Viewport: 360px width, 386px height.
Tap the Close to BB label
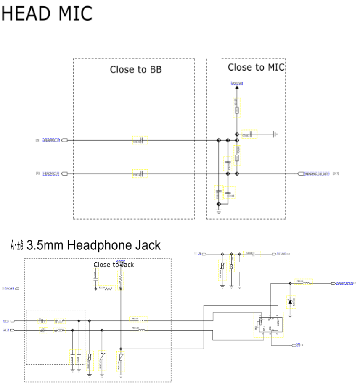pyautogui.click(x=136, y=69)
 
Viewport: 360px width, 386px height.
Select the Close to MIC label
pyautogui.click(x=256, y=67)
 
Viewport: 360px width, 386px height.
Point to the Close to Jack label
pyautogui.click(x=114, y=265)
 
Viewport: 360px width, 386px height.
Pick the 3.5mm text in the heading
pyautogui.click(x=45, y=245)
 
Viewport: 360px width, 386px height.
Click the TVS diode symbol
pyautogui.click(x=290, y=301)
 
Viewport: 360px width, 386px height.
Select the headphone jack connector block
pyautogui.click(x=268, y=324)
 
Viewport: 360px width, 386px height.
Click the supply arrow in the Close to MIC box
pyautogui.click(x=237, y=87)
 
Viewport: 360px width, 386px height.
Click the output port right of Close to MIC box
pyautogui.click(x=300, y=173)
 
